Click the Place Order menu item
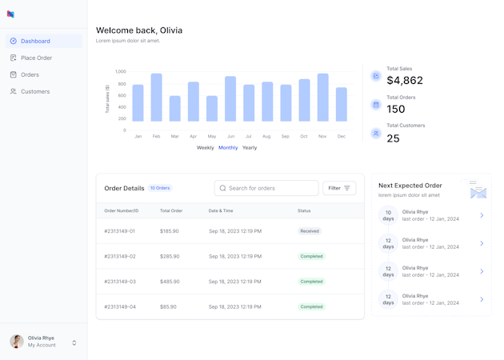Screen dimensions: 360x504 (x=36, y=58)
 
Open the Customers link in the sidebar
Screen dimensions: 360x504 (x=34, y=91)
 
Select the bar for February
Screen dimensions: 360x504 (x=157, y=97)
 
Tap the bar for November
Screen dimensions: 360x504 (x=322, y=97)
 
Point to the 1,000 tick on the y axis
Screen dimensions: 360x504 (x=121, y=71)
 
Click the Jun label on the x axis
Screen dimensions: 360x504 (x=230, y=137)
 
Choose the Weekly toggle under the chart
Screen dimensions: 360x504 (x=205, y=148)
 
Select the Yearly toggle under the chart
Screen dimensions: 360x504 (x=250, y=148)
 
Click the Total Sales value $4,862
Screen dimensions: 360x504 (x=405, y=81)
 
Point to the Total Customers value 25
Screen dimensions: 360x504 (x=393, y=138)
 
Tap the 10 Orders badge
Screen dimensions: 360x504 (x=160, y=188)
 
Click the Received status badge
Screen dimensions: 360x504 (x=310, y=231)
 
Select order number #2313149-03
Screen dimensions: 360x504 (x=120, y=282)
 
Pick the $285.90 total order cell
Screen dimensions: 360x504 (x=170, y=257)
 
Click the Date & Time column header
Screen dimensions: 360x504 (x=221, y=210)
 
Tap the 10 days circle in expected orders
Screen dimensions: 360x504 (x=388, y=215)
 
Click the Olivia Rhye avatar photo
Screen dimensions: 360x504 (x=17, y=342)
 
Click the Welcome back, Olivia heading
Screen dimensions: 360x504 (x=139, y=30)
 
